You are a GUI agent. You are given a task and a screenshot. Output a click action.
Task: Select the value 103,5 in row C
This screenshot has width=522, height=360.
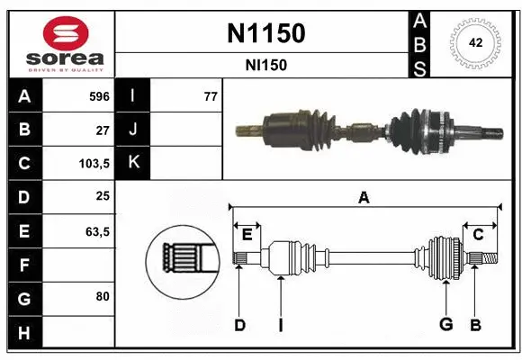94,164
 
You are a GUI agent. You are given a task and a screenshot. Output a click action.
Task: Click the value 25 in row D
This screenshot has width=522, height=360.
103,197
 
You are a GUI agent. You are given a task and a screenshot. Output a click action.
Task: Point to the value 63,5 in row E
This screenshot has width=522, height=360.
97,231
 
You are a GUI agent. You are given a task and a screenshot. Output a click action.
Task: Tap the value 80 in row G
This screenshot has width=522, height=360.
103,295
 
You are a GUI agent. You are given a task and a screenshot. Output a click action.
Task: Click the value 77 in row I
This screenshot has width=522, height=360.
211,96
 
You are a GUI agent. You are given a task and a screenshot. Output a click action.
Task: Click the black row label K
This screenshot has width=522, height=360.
134,163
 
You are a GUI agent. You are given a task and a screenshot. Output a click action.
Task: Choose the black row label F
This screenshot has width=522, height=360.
23,265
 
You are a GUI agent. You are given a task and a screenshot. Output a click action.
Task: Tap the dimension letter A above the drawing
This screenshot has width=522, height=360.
364,198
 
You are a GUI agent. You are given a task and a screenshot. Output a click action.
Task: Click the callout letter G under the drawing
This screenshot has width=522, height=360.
444,325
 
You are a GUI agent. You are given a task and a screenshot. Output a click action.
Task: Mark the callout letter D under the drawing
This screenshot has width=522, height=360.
239,325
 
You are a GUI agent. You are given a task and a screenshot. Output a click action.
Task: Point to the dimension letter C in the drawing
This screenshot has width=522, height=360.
479,235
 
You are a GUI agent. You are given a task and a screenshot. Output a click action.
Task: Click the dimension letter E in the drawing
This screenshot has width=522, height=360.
247,235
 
